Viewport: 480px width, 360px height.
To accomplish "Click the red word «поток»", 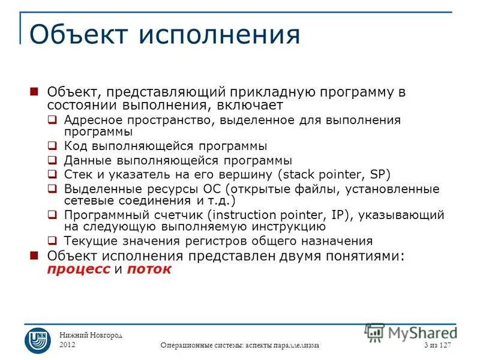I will pyautogui.click(x=149, y=269).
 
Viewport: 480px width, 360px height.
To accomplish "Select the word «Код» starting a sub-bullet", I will pyautogui.click(x=76, y=146).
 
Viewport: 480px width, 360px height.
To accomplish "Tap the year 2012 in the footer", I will pyautogui.click(x=68, y=344).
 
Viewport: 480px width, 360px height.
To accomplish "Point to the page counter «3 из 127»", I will pyautogui.click(x=437, y=345).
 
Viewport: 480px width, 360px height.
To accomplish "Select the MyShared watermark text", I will pyautogui.click(x=420, y=332).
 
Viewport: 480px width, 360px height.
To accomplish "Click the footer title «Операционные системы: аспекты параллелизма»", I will pyautogui.click(x=240, y=346).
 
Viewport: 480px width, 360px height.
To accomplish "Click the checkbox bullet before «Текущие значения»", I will pyautogui.click(x=53, y=241).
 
